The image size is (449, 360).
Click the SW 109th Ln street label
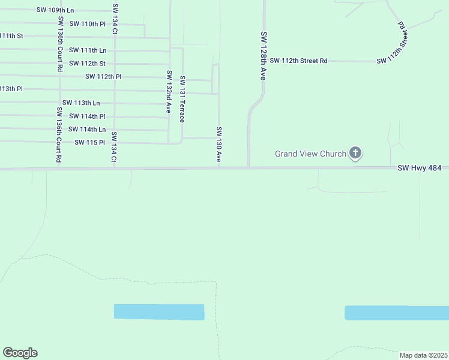[55, 10]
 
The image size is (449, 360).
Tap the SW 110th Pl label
[88, 23]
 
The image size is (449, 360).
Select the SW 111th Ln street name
[88, 50]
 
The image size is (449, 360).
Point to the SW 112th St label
[87, 63]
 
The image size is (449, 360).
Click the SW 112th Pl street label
[103, 76]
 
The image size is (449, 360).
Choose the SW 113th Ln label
[81, 103]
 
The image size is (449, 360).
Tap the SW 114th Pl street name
[87, 116]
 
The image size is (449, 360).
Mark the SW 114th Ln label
[87, 129]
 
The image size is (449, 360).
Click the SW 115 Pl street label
[90, 142]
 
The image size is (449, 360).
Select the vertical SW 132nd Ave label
[169, 92]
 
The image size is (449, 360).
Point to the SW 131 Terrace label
[182, 99]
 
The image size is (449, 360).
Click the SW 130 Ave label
[220, 145]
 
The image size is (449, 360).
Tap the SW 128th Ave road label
[262, 56]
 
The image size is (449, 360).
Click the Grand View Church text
[310, 154]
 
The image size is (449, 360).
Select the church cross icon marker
[355, 153]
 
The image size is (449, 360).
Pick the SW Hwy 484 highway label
[420, 169]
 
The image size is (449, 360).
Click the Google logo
[20, 353]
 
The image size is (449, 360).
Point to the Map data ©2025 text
[423, 355]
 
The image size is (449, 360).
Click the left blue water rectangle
[159, 312]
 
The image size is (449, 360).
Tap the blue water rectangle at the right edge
[397, 313]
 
